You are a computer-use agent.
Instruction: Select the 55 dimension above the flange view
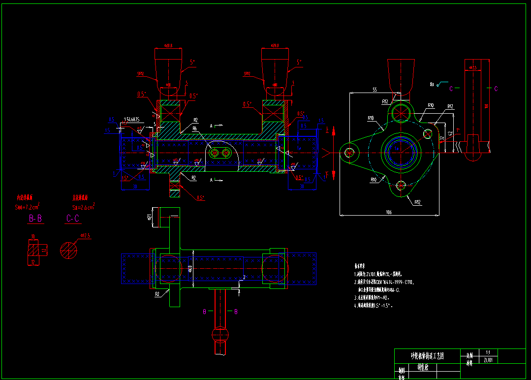coord(374,90)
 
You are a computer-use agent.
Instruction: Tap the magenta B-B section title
coord(36,219)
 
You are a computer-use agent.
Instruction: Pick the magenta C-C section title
coord(73,219)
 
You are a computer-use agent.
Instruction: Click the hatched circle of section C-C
coord(69,250)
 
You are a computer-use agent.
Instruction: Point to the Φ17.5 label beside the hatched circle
coord(85,236)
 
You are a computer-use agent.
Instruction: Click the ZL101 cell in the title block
coord(488,360)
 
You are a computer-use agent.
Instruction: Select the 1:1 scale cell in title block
coord(488,352)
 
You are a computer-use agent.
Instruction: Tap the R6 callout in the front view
coord(195,129)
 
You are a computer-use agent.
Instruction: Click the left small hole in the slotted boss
coord(214,154)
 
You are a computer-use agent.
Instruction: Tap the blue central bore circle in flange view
coord(402,149)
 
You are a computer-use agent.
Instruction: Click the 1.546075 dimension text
coord(131,119)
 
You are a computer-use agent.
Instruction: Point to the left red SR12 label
coord(140,74)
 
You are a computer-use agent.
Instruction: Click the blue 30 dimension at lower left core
coord(134,187)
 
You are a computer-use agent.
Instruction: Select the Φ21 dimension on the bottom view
coord(150,216)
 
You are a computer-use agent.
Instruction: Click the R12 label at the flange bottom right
coord(417,202)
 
